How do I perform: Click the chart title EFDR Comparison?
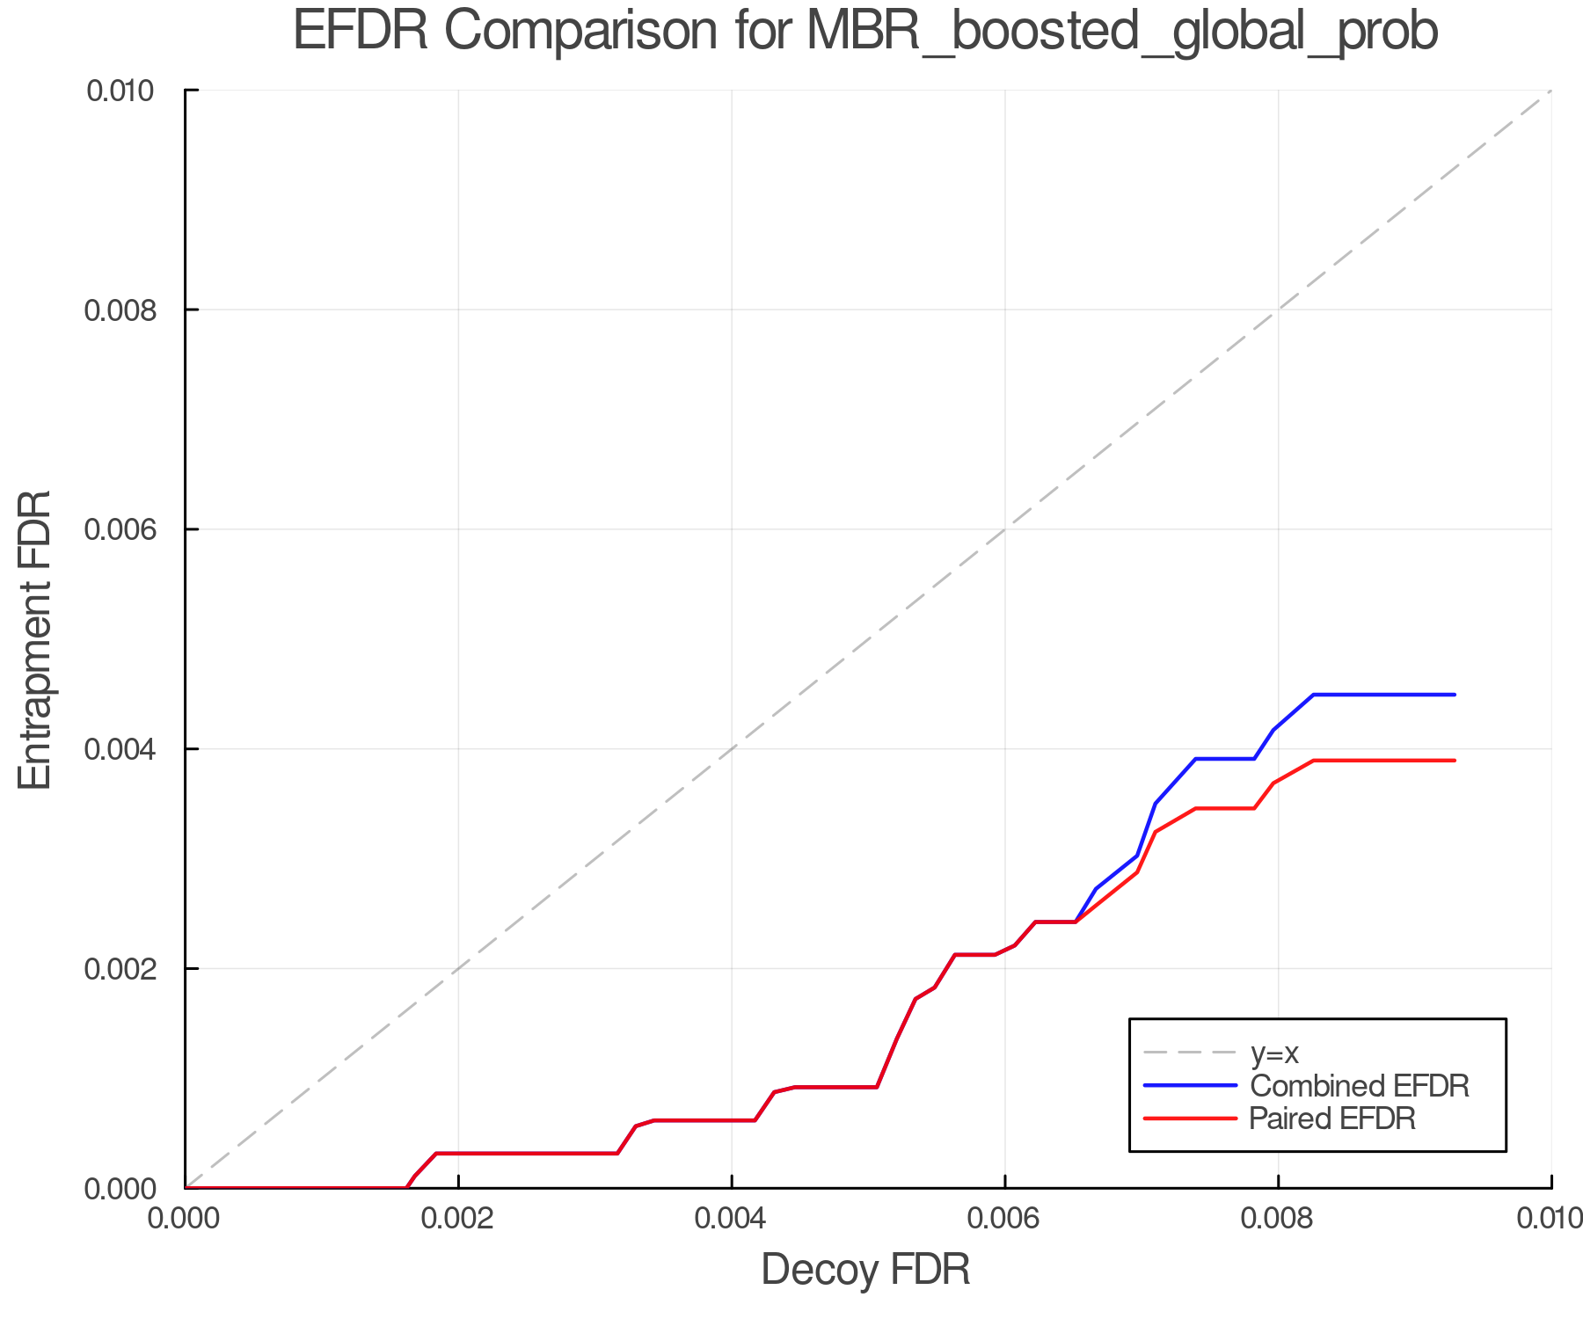pos(505,32)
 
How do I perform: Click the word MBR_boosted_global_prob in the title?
pos(1121,32)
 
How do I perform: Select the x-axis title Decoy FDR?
pos(865,1270)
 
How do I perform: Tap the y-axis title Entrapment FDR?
pos(35,639)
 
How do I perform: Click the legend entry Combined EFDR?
pos(1359,1086)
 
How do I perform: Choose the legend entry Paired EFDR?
pos(1332,1119)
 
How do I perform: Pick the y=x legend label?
pos(1274,1053)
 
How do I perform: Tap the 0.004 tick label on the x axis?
pos(732,1219)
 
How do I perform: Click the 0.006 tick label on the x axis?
pos(1005,1219)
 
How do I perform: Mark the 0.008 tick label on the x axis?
pos(1278,1219)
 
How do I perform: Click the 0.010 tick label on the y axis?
pos(132,91)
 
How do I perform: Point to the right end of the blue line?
pos(1455,695)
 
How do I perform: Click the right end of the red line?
pos(1455,761)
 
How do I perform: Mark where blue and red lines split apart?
pos(1076,921)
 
